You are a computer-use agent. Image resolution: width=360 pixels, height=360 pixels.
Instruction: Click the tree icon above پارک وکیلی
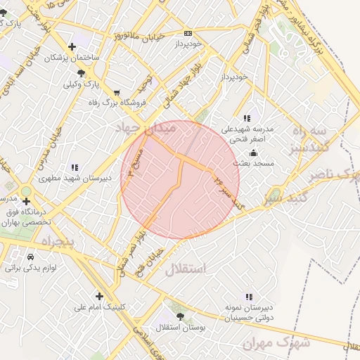pos(83,73)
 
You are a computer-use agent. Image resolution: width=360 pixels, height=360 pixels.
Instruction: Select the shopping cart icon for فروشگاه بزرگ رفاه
pos(117,92)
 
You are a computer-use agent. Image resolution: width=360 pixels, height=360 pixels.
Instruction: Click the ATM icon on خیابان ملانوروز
pos(188,33)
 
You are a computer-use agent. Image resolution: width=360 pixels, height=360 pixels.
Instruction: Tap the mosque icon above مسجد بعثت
pos(253,153)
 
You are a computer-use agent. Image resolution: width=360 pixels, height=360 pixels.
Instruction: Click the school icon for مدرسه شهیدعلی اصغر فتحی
pos(246,118)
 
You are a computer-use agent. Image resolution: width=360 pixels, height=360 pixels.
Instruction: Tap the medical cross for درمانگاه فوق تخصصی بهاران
pos(27,202)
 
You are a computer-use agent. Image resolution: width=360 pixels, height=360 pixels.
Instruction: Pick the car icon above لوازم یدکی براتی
pos(31,257)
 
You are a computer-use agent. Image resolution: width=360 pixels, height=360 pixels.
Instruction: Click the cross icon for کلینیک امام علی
pos(99,296)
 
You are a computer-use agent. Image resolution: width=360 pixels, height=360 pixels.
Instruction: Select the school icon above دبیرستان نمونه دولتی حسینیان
pos(250,296)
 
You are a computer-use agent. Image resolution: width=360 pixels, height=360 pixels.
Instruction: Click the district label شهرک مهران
pos(276,342)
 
